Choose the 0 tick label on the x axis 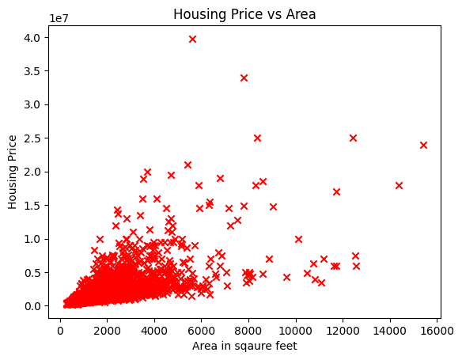pyautogui.click(x=60, y=328)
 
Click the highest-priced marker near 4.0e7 pyautogui.click(x=192, y=39)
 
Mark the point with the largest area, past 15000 pyautogui.click(x=423, y=145)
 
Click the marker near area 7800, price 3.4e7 pyautogui.click(x=244, y=78)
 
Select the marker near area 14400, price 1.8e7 pyautogui.click(x=399, y=185)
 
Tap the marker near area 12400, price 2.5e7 pyautogui.click(x=353, y=138)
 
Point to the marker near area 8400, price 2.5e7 pyautogui.click(x=257, y=138)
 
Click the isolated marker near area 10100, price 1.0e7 pyautogui.click(x=298, y=239)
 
